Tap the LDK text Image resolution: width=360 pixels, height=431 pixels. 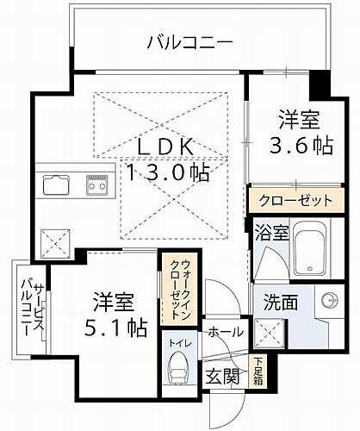point(168,144)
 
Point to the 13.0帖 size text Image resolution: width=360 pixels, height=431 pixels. point(170,172)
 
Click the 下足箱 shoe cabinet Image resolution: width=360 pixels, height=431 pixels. point(258,372)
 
